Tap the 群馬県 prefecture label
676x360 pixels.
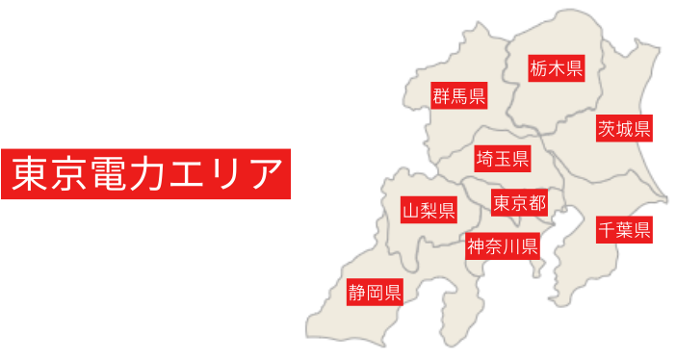point(458,95)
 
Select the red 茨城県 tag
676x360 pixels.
point(624,128)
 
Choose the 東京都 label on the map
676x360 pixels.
point(519,202)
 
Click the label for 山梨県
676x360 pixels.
point(429,211)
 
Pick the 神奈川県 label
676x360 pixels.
point(502,246)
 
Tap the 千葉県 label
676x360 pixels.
point(623,230)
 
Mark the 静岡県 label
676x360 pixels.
point(375,292)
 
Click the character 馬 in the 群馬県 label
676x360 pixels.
point(458,95)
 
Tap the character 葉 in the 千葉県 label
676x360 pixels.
point(623,230)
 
